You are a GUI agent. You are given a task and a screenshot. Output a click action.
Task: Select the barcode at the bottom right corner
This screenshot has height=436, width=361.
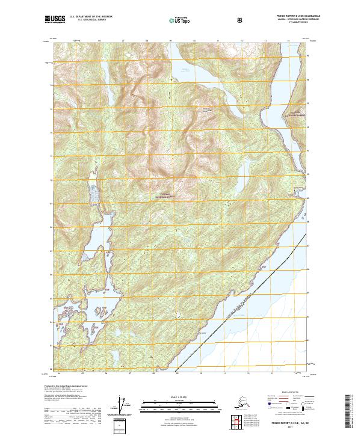coord(351,409)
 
